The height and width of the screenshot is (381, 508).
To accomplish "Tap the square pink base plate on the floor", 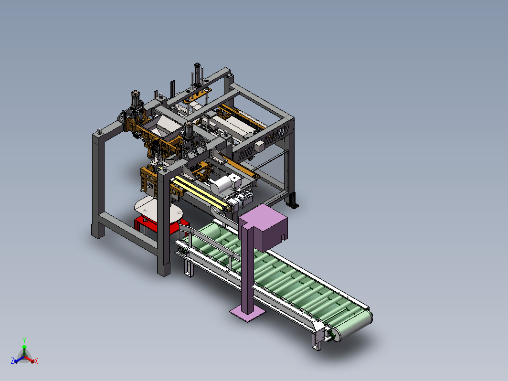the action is tap(247, 313).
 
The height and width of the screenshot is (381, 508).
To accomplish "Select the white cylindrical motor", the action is tap(221, 185).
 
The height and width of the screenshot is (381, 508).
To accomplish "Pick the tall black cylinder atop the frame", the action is tap(197, 74).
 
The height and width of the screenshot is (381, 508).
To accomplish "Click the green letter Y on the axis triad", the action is tap(24, 340).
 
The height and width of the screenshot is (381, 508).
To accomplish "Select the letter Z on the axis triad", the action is tap(12, 361).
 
